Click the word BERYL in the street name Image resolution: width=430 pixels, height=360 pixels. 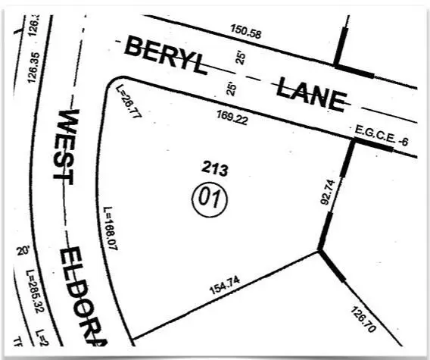[165, 57]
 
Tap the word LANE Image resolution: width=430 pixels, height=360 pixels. [310, 93]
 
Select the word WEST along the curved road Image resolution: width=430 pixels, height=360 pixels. [70, 145]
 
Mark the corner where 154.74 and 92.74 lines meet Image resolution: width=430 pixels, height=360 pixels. [319, 250]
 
